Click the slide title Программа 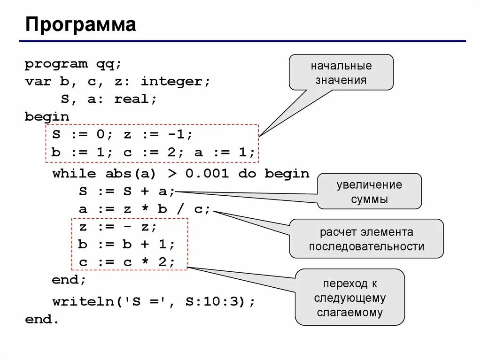(80, 24)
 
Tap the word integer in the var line (176, 81)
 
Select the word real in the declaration (135, 99)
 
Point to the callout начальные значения (341, 72)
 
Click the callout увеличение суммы (369, 191)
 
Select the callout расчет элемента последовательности (366, 239)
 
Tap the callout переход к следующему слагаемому (349, 298)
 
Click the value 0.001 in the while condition (207, 174)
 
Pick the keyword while (74, 174)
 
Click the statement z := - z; (118, 227)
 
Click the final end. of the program (42, 319)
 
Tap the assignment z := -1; (158, 135)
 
